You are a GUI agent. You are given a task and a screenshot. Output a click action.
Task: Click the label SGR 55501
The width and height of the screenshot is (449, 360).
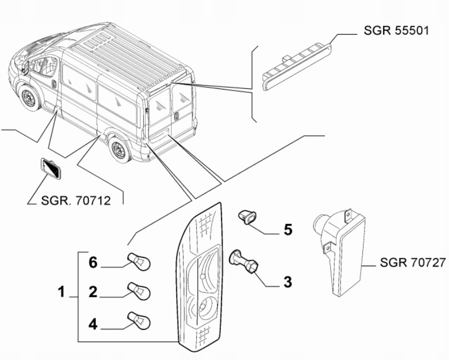tap(396, 31)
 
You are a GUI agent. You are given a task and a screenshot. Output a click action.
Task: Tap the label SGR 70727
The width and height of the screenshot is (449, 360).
tap(412, 263)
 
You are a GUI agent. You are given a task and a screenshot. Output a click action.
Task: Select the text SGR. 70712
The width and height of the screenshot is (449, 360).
tap(76, 200)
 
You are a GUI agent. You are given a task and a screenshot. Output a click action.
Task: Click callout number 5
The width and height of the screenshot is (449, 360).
tap(287, 229)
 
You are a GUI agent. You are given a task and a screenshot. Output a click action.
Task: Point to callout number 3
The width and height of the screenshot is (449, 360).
tap(287, 283)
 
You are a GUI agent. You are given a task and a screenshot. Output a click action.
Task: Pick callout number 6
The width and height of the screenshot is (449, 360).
tap(93, 263)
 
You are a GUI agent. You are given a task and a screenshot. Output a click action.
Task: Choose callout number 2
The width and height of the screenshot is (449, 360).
tap(93, 292)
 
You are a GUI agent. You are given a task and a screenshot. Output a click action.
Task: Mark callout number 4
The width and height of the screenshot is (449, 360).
tap(93, 325)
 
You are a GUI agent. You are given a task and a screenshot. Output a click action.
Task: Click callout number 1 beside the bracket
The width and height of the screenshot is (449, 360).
tap(62, 291)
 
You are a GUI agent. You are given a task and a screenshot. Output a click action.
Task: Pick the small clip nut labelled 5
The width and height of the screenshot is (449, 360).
tap(247, 218)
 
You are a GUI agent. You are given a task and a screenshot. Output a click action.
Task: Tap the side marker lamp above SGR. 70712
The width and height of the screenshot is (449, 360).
tap(53, 170)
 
